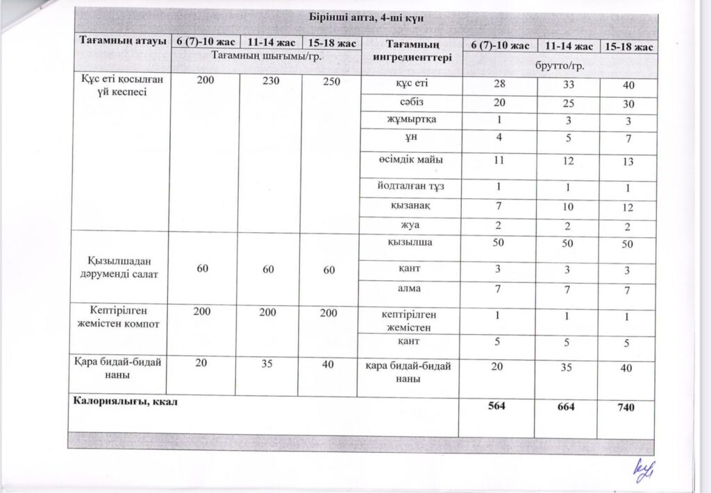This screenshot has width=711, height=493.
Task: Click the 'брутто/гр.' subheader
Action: click(558, 64)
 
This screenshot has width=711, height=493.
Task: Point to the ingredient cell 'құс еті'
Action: click(408, 84)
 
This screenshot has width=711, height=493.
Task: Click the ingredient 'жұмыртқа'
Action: click(408, 119)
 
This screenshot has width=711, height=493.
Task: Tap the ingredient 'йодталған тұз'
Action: click(408, 187)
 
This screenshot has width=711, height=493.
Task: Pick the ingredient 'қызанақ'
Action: click(408, 205)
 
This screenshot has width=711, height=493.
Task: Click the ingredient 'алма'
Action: click(408, 288)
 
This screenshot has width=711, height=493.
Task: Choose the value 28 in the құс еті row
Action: click(497, 84)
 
